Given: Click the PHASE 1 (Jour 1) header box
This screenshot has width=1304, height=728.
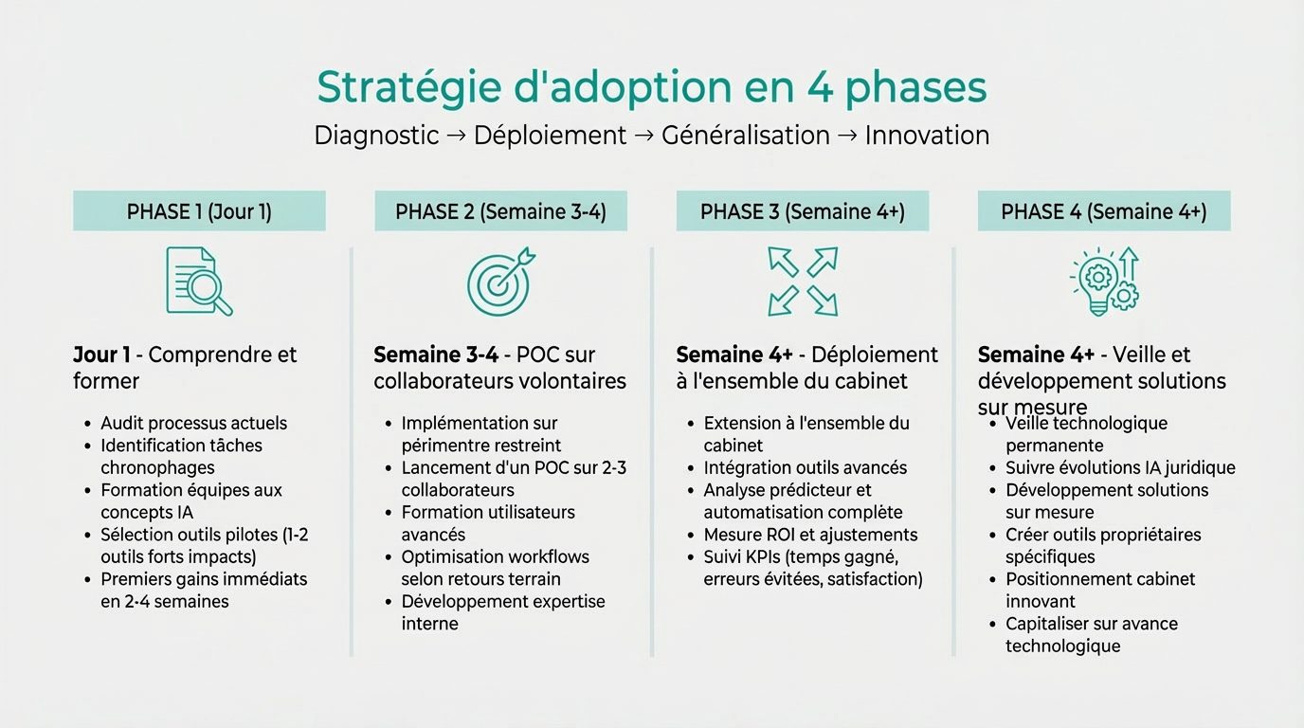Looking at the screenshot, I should point(199,211).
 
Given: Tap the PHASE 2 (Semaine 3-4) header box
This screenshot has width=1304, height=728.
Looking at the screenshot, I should point(500,211).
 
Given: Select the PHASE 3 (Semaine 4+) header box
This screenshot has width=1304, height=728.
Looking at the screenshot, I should point(802,211).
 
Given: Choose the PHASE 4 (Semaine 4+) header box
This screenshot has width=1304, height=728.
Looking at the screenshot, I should point(1103,211).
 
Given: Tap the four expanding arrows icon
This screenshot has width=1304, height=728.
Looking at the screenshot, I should point(803,281).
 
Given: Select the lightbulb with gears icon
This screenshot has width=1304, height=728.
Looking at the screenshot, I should point(1104,281).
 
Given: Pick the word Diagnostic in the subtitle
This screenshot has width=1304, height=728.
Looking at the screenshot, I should point(376,136).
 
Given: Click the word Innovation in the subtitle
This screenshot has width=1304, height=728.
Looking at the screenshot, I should point(927,136).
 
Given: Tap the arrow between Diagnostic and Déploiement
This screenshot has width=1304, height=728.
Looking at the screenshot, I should point(456,136).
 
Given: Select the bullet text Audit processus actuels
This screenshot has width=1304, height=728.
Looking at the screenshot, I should point(193,423).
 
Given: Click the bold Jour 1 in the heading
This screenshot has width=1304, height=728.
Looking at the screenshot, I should point(101,355).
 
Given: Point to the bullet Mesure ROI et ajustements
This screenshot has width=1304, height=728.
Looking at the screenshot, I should point(810,535).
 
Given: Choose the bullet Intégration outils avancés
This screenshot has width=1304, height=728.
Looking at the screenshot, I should point(805,467).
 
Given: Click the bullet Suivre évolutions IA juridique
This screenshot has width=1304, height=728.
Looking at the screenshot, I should point(1120,467).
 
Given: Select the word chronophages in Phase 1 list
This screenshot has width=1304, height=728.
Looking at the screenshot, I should point(157,467).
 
